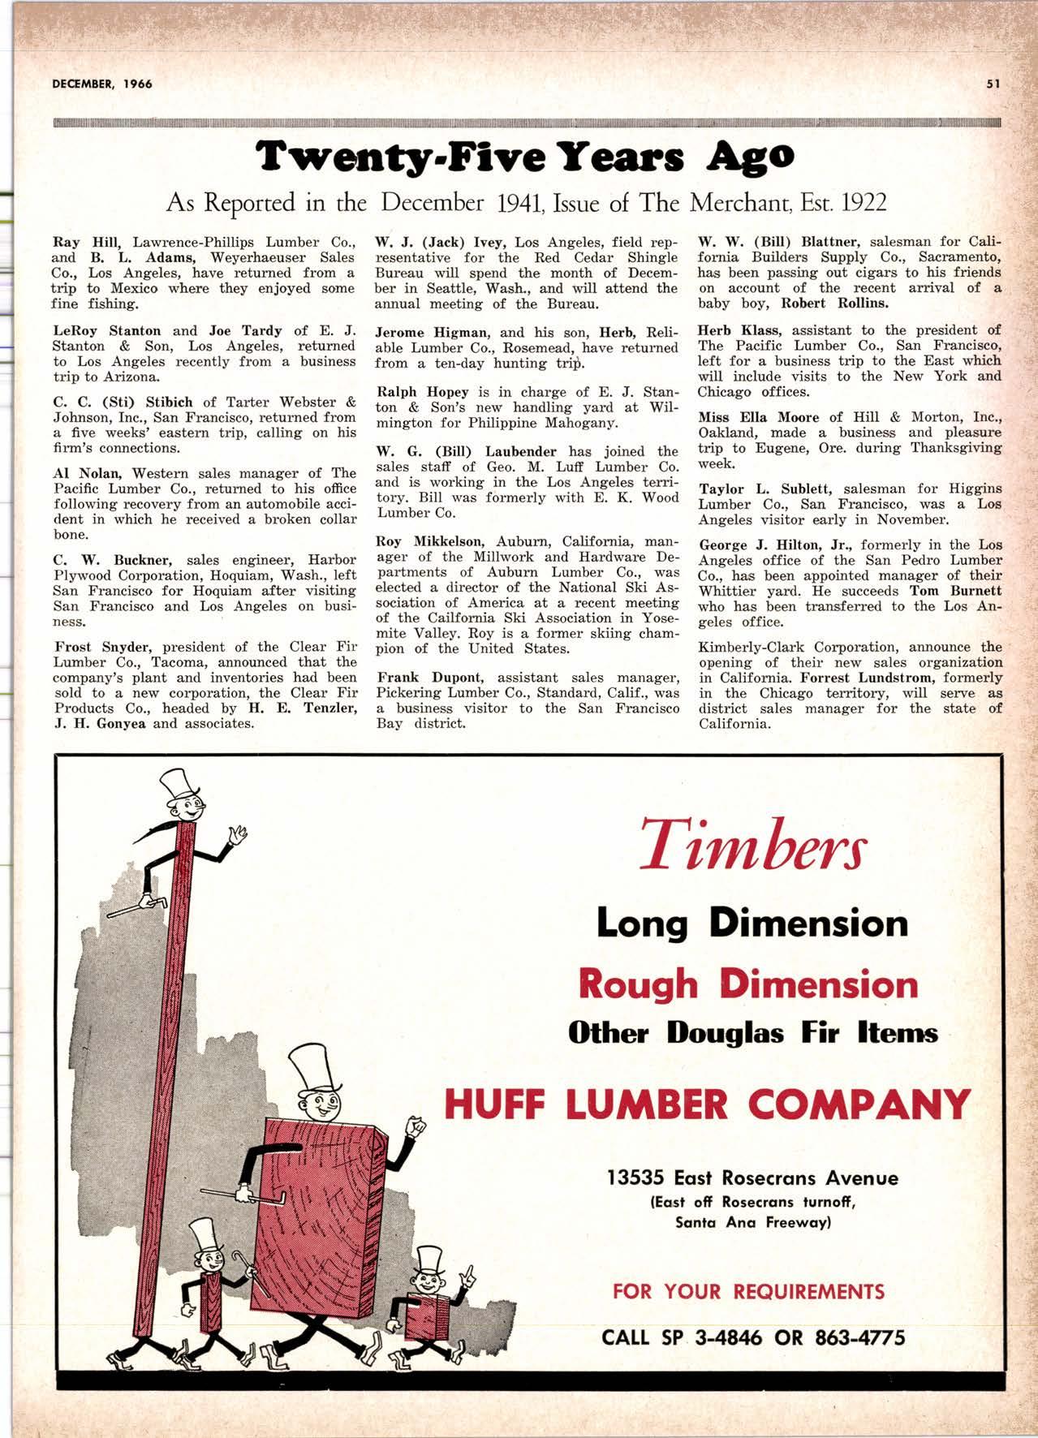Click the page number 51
coord(993,83)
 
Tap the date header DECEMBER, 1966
coord(103,84)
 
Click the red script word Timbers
coord(752,844)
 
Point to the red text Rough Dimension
coord(748,984)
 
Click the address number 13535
coord(636,1178)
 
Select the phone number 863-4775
coord(859,1337)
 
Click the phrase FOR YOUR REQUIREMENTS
coord(748,1291)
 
